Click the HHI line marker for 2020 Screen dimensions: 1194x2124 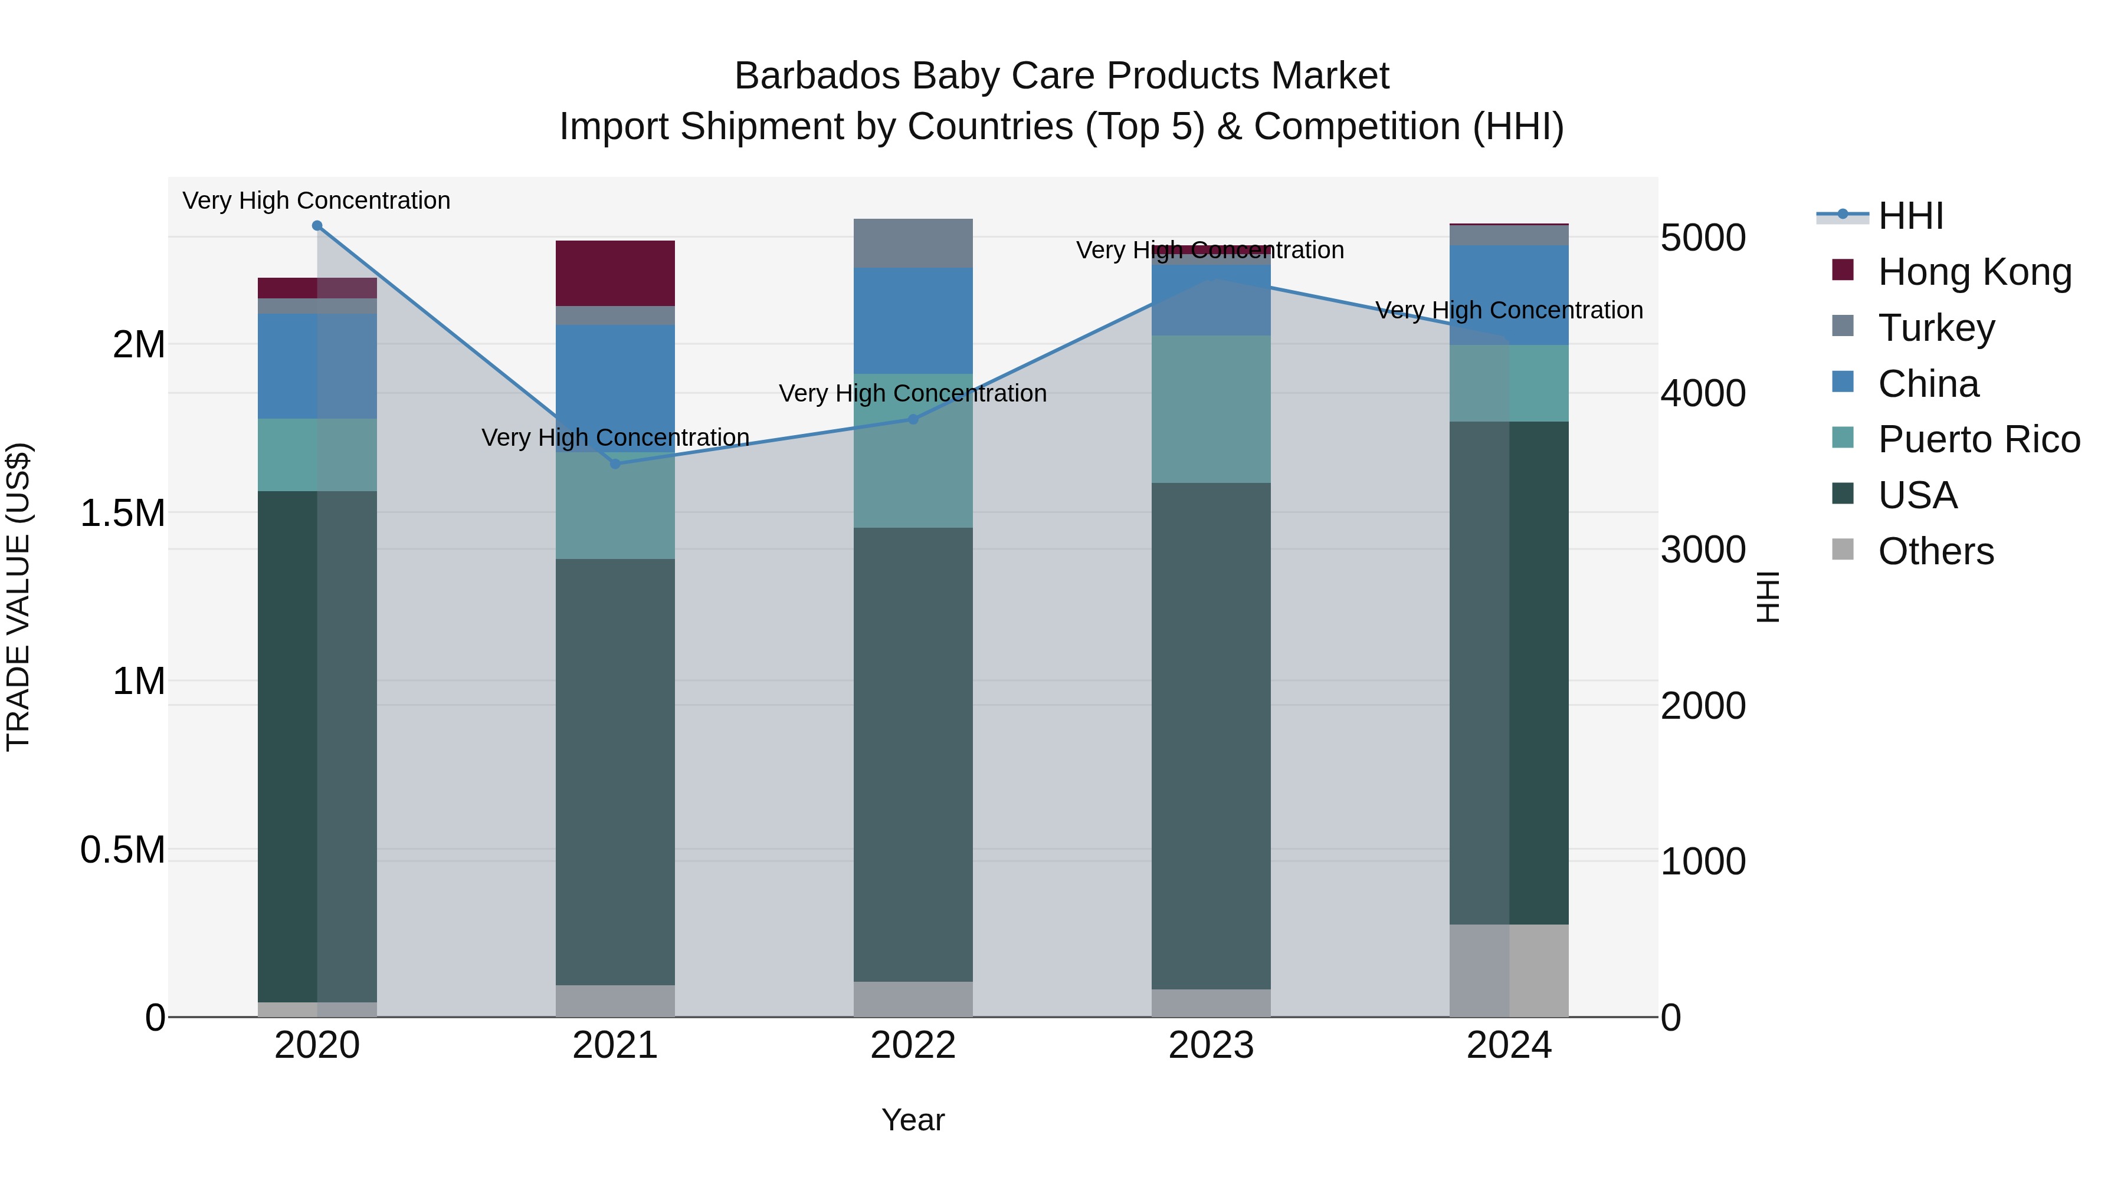coord(317,226)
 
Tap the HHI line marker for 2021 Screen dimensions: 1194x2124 coord(615,464)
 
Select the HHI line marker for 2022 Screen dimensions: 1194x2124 coord(913,419)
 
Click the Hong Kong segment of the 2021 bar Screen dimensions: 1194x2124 coord(615,274)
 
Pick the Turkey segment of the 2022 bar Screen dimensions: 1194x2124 coord(913,243)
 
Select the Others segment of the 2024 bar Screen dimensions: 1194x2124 coord(1509,970)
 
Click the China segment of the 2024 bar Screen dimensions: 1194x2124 coord(1509,295)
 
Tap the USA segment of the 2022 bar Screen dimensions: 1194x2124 coord(913,754)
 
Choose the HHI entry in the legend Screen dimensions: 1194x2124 coord(1910,216)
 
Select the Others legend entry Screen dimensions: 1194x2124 coord(1935,551)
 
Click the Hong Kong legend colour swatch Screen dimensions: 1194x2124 coord(1842,269)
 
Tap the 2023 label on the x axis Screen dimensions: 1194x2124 coord(1211,1045)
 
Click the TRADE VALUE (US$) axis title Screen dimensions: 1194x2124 coord(18,597)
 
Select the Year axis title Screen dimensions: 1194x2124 coord(913,1120)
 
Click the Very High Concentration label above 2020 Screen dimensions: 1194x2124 coord(317,200)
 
